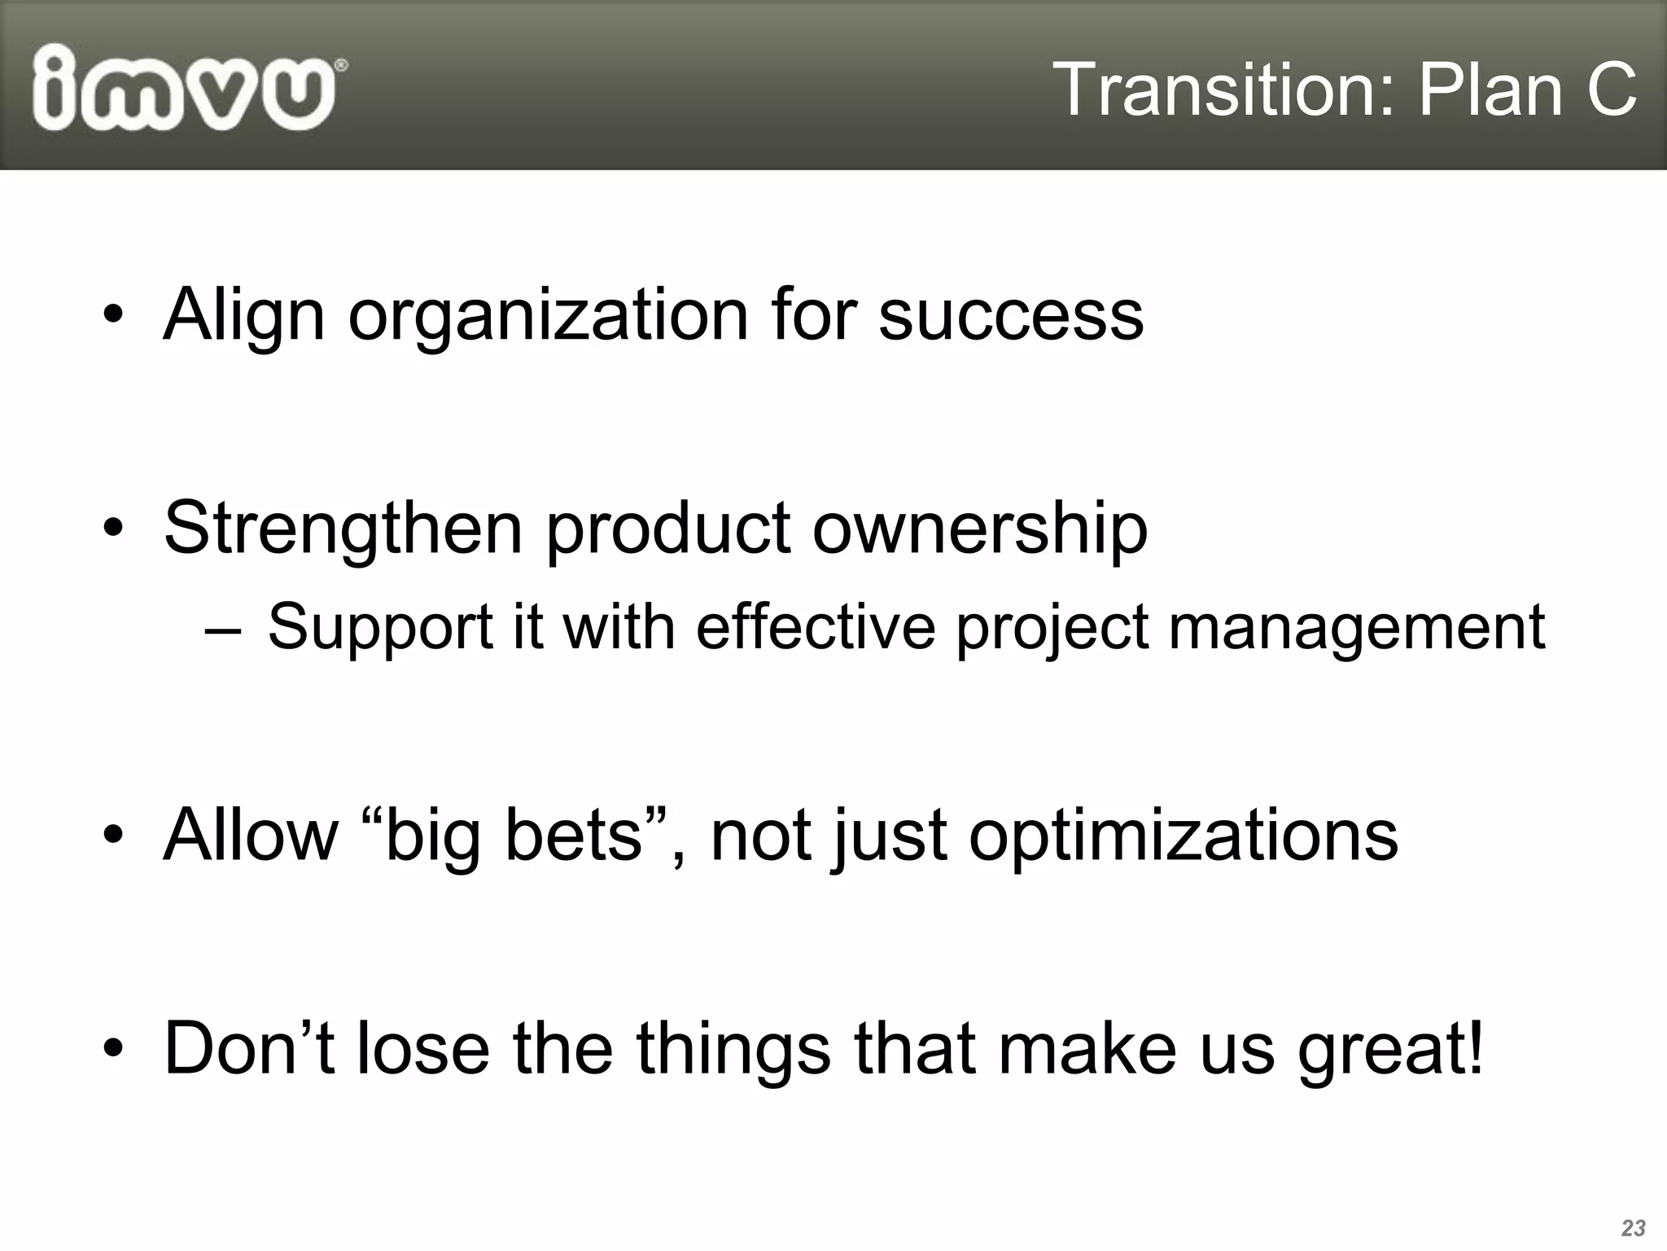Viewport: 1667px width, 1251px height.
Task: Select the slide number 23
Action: pos(1633,1227)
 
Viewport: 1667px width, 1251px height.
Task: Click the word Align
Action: pos(243,316)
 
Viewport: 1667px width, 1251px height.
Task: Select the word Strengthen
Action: pos(343,528)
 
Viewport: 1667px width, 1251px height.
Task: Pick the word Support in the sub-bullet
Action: pos(380,628)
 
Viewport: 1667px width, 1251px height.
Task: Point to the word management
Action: pos(1357,628)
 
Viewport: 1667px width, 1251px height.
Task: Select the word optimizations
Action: pos(1183,836)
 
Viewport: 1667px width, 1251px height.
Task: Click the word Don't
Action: pos(249,1048)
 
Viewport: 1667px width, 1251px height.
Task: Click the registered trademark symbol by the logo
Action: pos(341,64)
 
